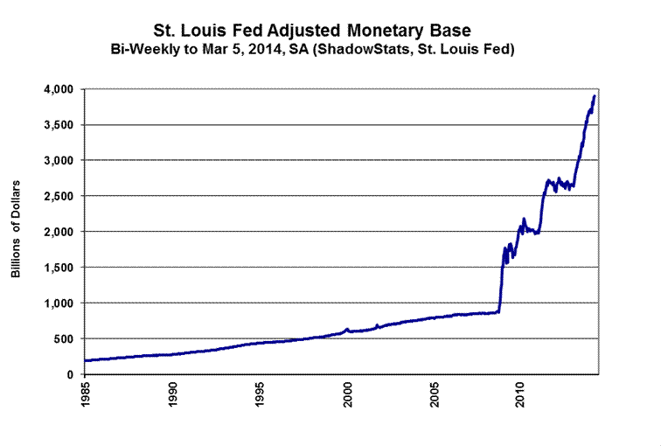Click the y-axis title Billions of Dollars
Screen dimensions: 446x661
pos(17,232)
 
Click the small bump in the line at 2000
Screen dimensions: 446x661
pos(347,329)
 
